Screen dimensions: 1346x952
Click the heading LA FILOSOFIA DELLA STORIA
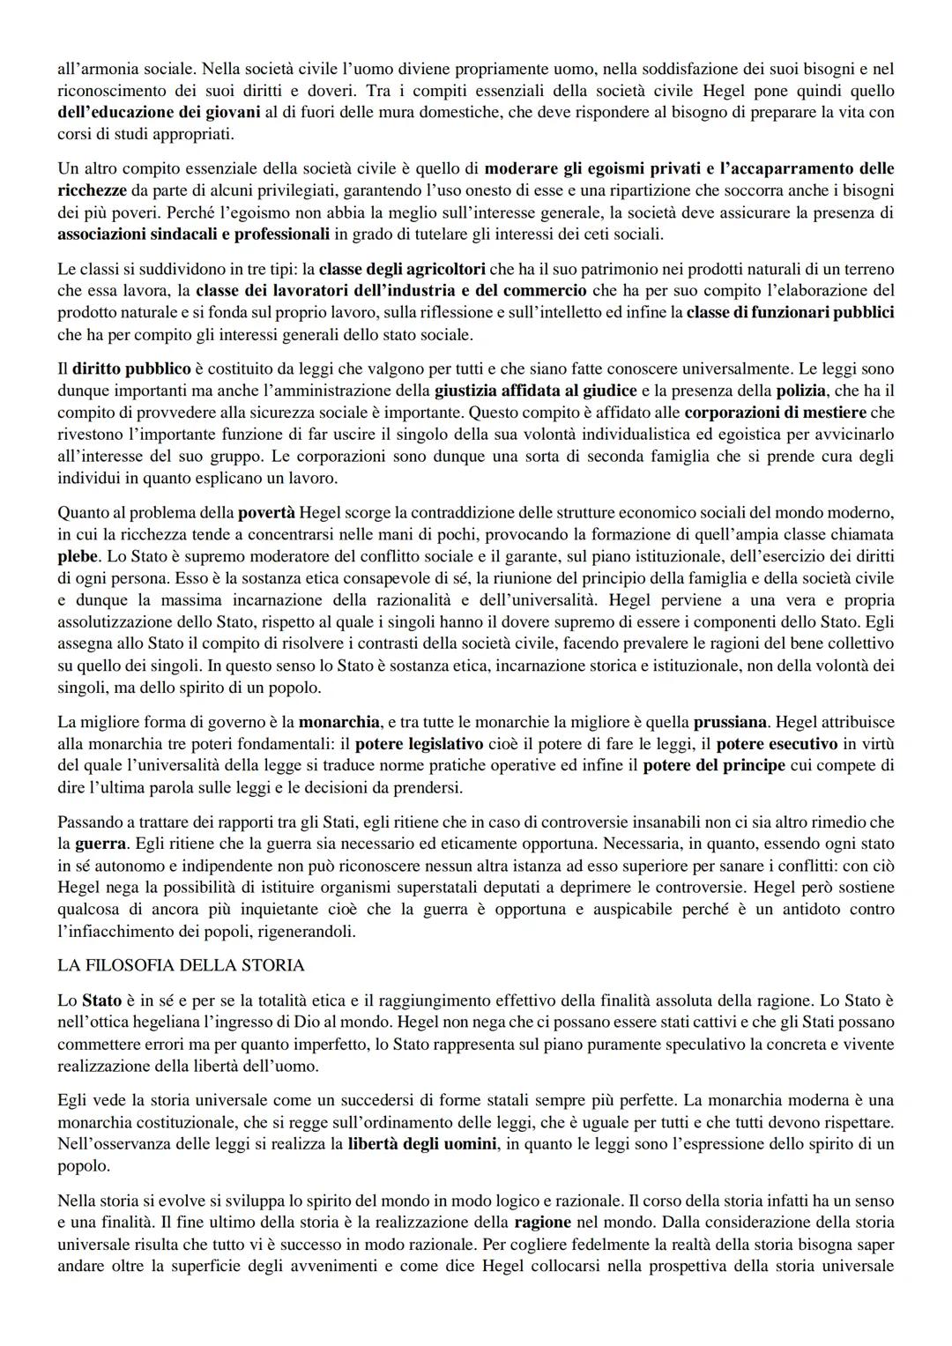181,965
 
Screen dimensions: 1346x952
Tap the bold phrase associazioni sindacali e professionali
193,234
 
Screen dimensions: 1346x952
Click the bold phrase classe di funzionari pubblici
790,312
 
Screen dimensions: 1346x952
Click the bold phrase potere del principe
713,766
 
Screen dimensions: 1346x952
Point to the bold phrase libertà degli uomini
422,1144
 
